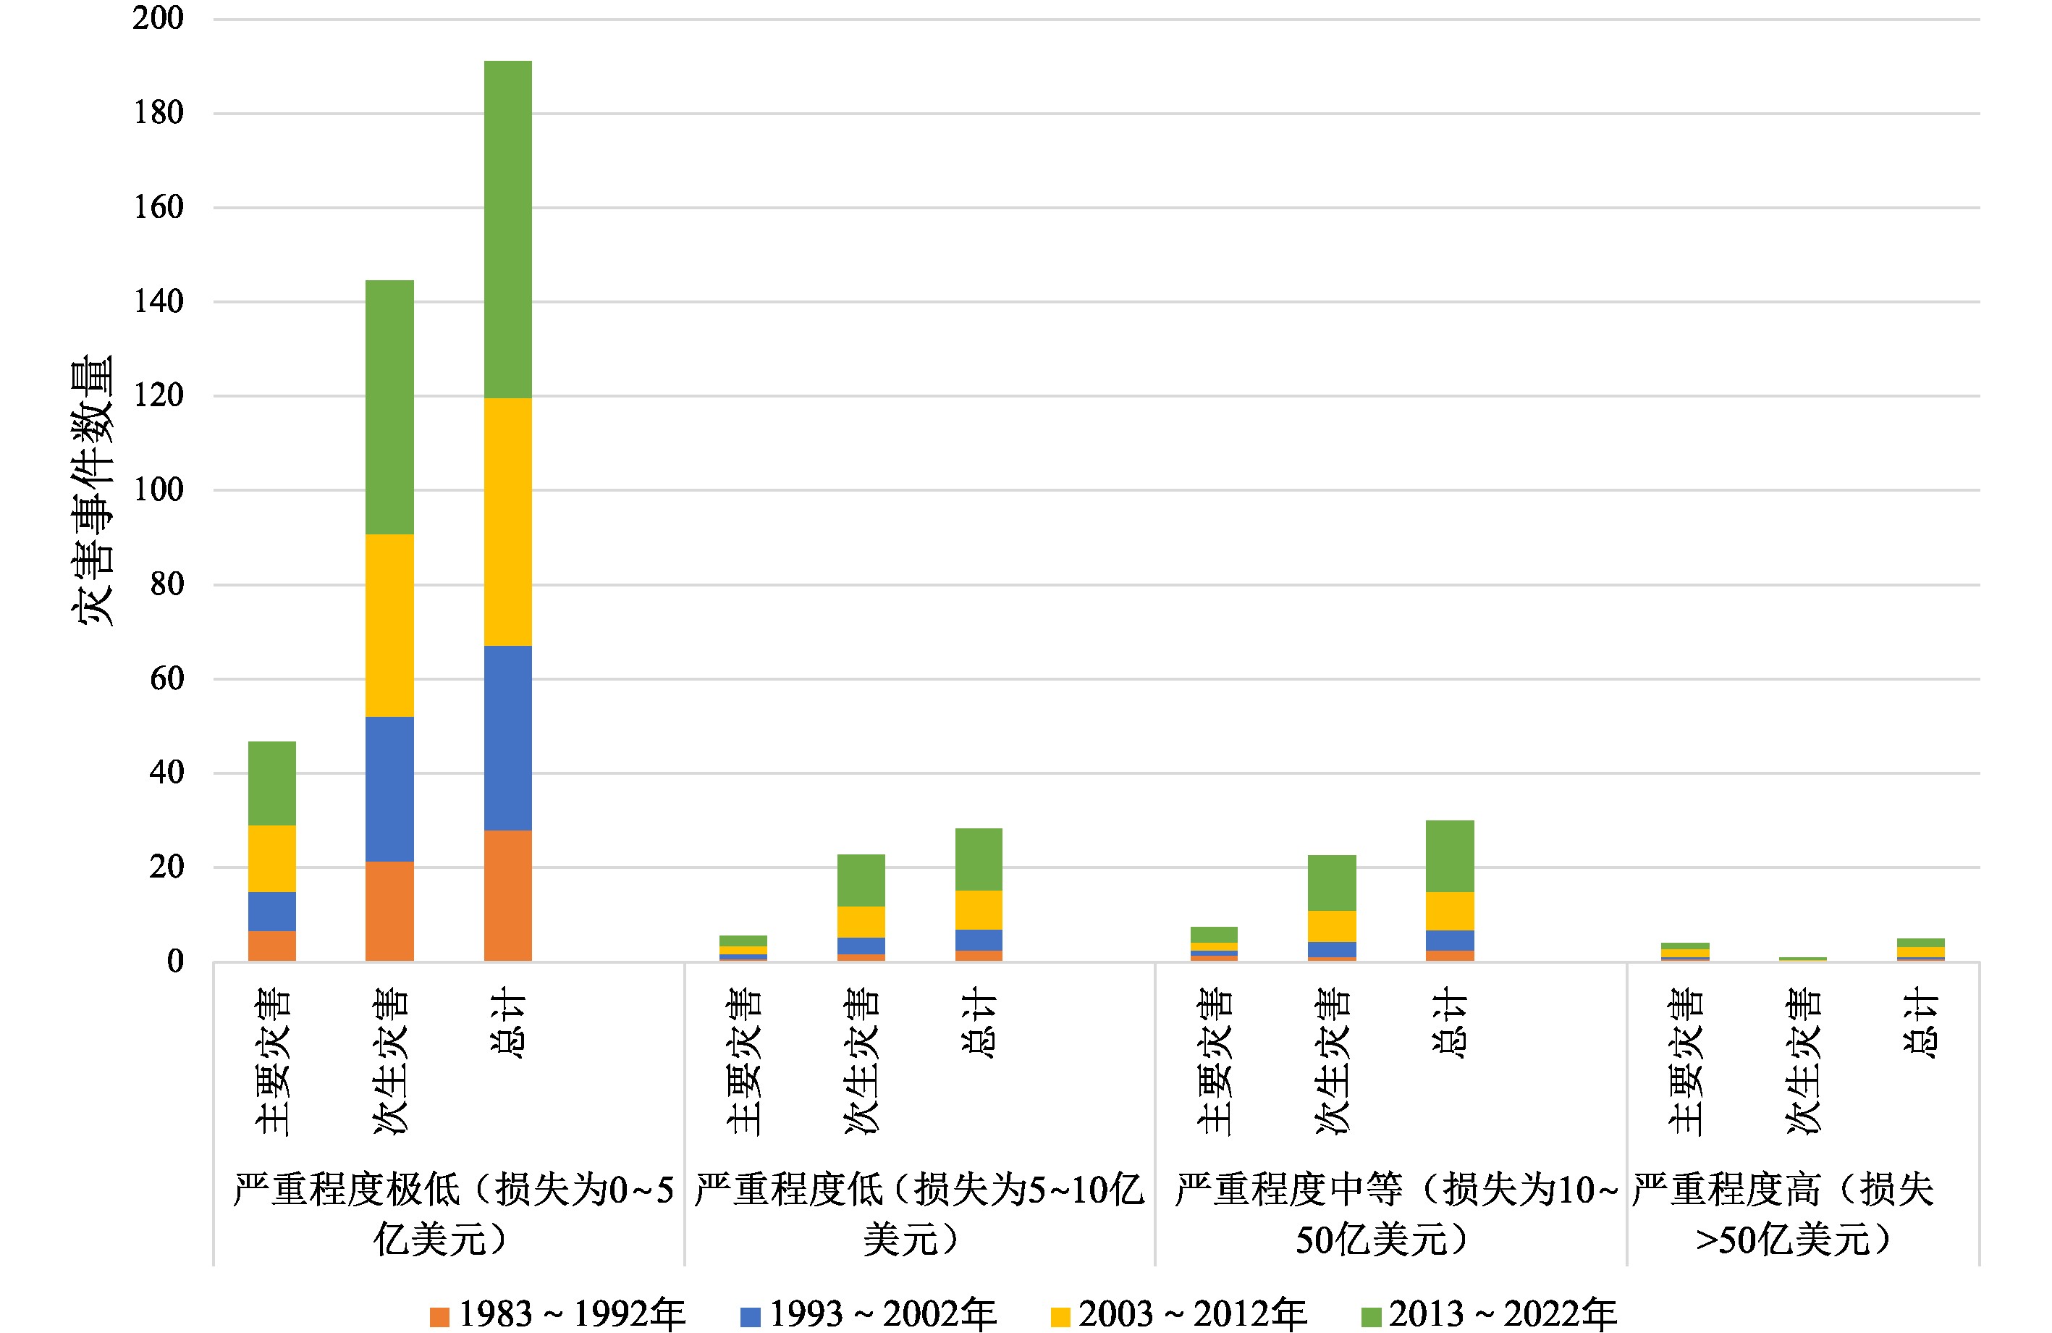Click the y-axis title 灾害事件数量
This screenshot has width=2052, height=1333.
pyautogui.click(x=92, y=489)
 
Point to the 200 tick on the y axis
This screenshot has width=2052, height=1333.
pyautogui.click(x=158, y=18)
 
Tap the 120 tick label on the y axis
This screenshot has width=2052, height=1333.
pyautogui.click(x=158, y=396)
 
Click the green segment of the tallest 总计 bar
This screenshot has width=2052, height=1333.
pyautogui.click(x=508, y=229)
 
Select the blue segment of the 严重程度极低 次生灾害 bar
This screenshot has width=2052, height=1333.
pyautogui.click(x=389, y=789)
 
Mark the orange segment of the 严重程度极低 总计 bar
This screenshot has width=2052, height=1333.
pyautogui.click(x=508, y=895)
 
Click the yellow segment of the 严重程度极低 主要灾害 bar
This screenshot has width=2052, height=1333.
pyautogui.click(x=271, y=859)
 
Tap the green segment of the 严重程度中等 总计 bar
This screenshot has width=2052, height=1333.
pyautogui.click(x=1451, y=855)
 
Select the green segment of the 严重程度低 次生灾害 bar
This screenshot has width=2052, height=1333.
pyautogui.click(x=861, y=880)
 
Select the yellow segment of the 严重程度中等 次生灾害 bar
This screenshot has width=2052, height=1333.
pyautogui.click(x=1332, y=927)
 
